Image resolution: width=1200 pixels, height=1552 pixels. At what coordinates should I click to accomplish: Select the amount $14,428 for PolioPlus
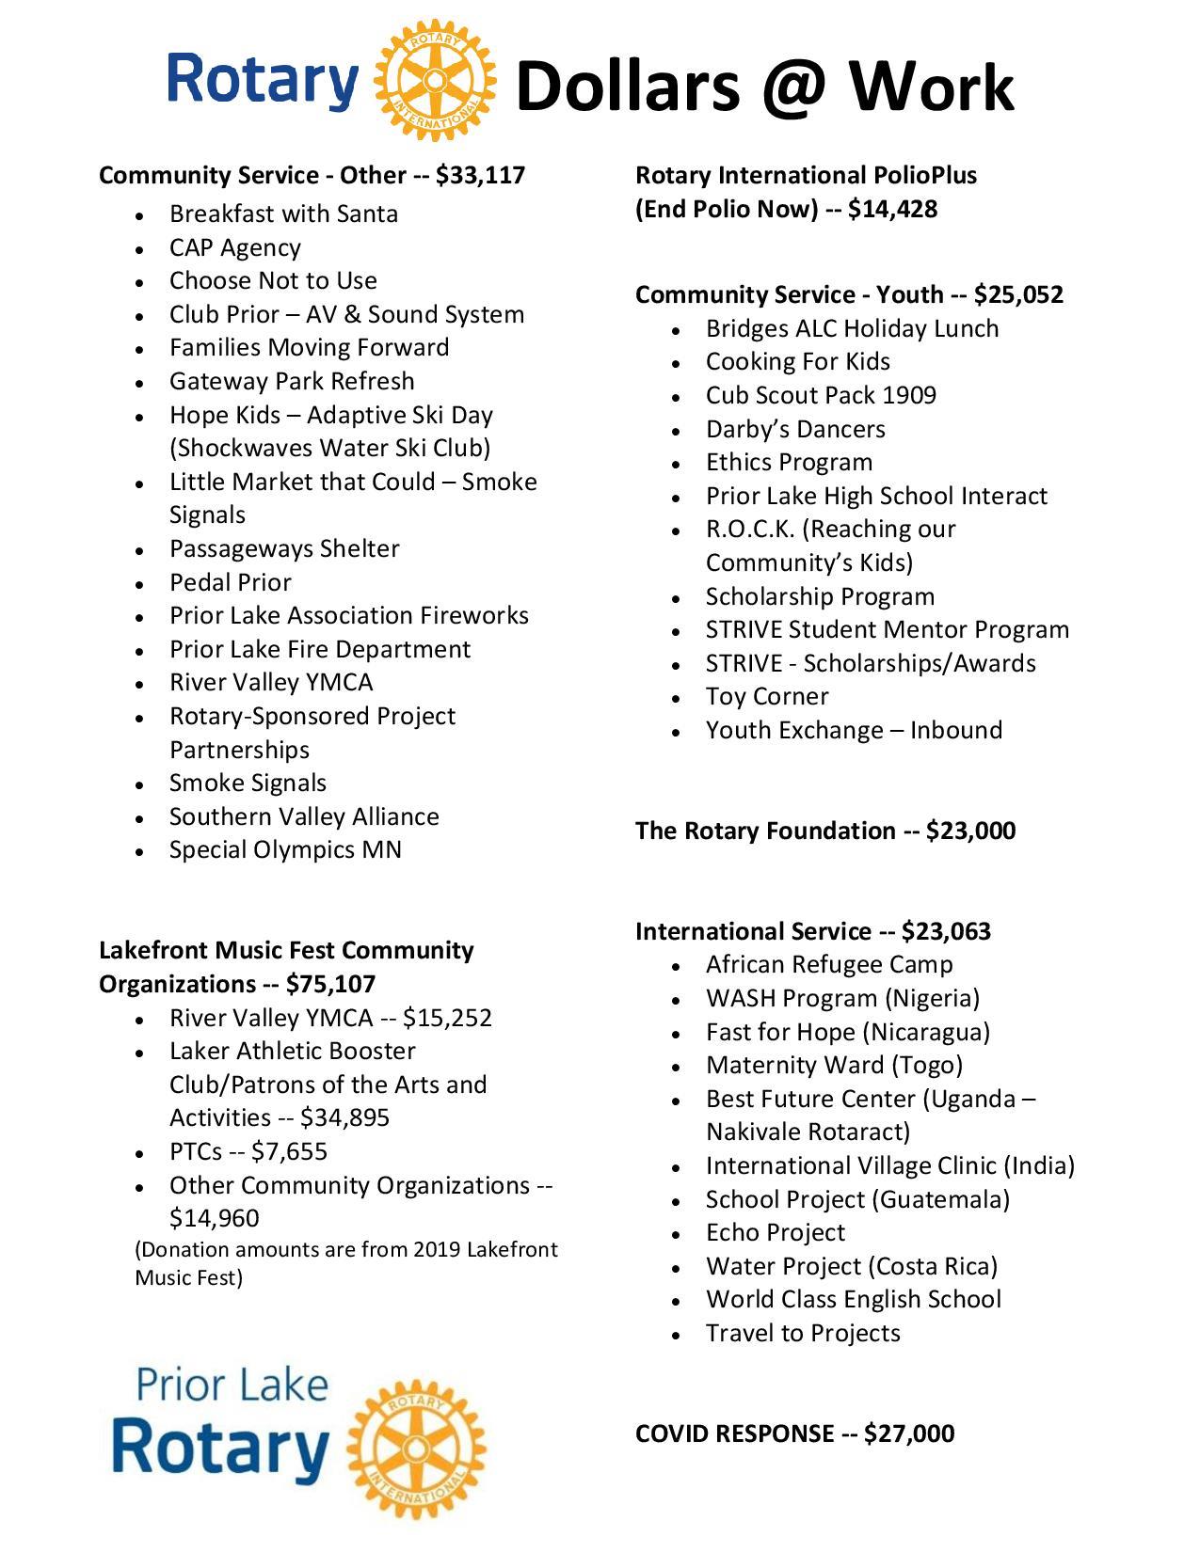pyautogui.click(x=892, y=209)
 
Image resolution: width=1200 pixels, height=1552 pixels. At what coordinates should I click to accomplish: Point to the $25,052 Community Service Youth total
pyautogui.click(x=1018, y=294)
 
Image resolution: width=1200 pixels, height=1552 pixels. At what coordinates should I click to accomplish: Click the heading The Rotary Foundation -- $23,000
pyautogui.click(x=824, y=831)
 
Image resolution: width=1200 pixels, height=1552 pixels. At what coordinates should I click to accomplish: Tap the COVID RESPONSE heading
pyautogui.click(x=794, y=1433)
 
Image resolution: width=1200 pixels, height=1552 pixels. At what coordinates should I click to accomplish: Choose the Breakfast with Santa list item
pyautogui.click(x=283, y=214)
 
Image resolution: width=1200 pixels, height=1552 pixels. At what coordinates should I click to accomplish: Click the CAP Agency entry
pyautogui.click(x=235, y=247)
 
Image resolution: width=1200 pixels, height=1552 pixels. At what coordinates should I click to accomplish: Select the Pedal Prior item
pyautogui.click(x=231, y=582)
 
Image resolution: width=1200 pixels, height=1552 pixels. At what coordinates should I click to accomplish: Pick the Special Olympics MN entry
pyautogui.click(x=285, y=850)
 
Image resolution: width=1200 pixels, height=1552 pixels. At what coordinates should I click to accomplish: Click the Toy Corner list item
pyautogui.click(x=767, y=697)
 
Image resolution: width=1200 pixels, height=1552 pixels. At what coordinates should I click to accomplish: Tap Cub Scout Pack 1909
pyautogui.click(x=821, y=395)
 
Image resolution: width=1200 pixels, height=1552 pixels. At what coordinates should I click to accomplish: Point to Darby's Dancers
pyautogui.click(x=795, y=429)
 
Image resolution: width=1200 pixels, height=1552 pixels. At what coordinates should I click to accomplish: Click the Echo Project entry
pyautogui.click(x=776, y=1232)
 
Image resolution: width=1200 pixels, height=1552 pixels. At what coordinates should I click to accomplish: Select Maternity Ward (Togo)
pyautogui.click(x=834, y=1065)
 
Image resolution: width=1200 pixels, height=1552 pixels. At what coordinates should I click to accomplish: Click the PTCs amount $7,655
pyautogui.click(x=289, y=1151)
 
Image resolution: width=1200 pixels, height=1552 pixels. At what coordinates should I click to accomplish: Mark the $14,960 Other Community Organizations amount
pyautogui.click(x=214, y=1218)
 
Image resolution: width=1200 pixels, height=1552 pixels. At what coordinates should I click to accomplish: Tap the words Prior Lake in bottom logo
pyautogui.click(x=232, y=1386)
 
